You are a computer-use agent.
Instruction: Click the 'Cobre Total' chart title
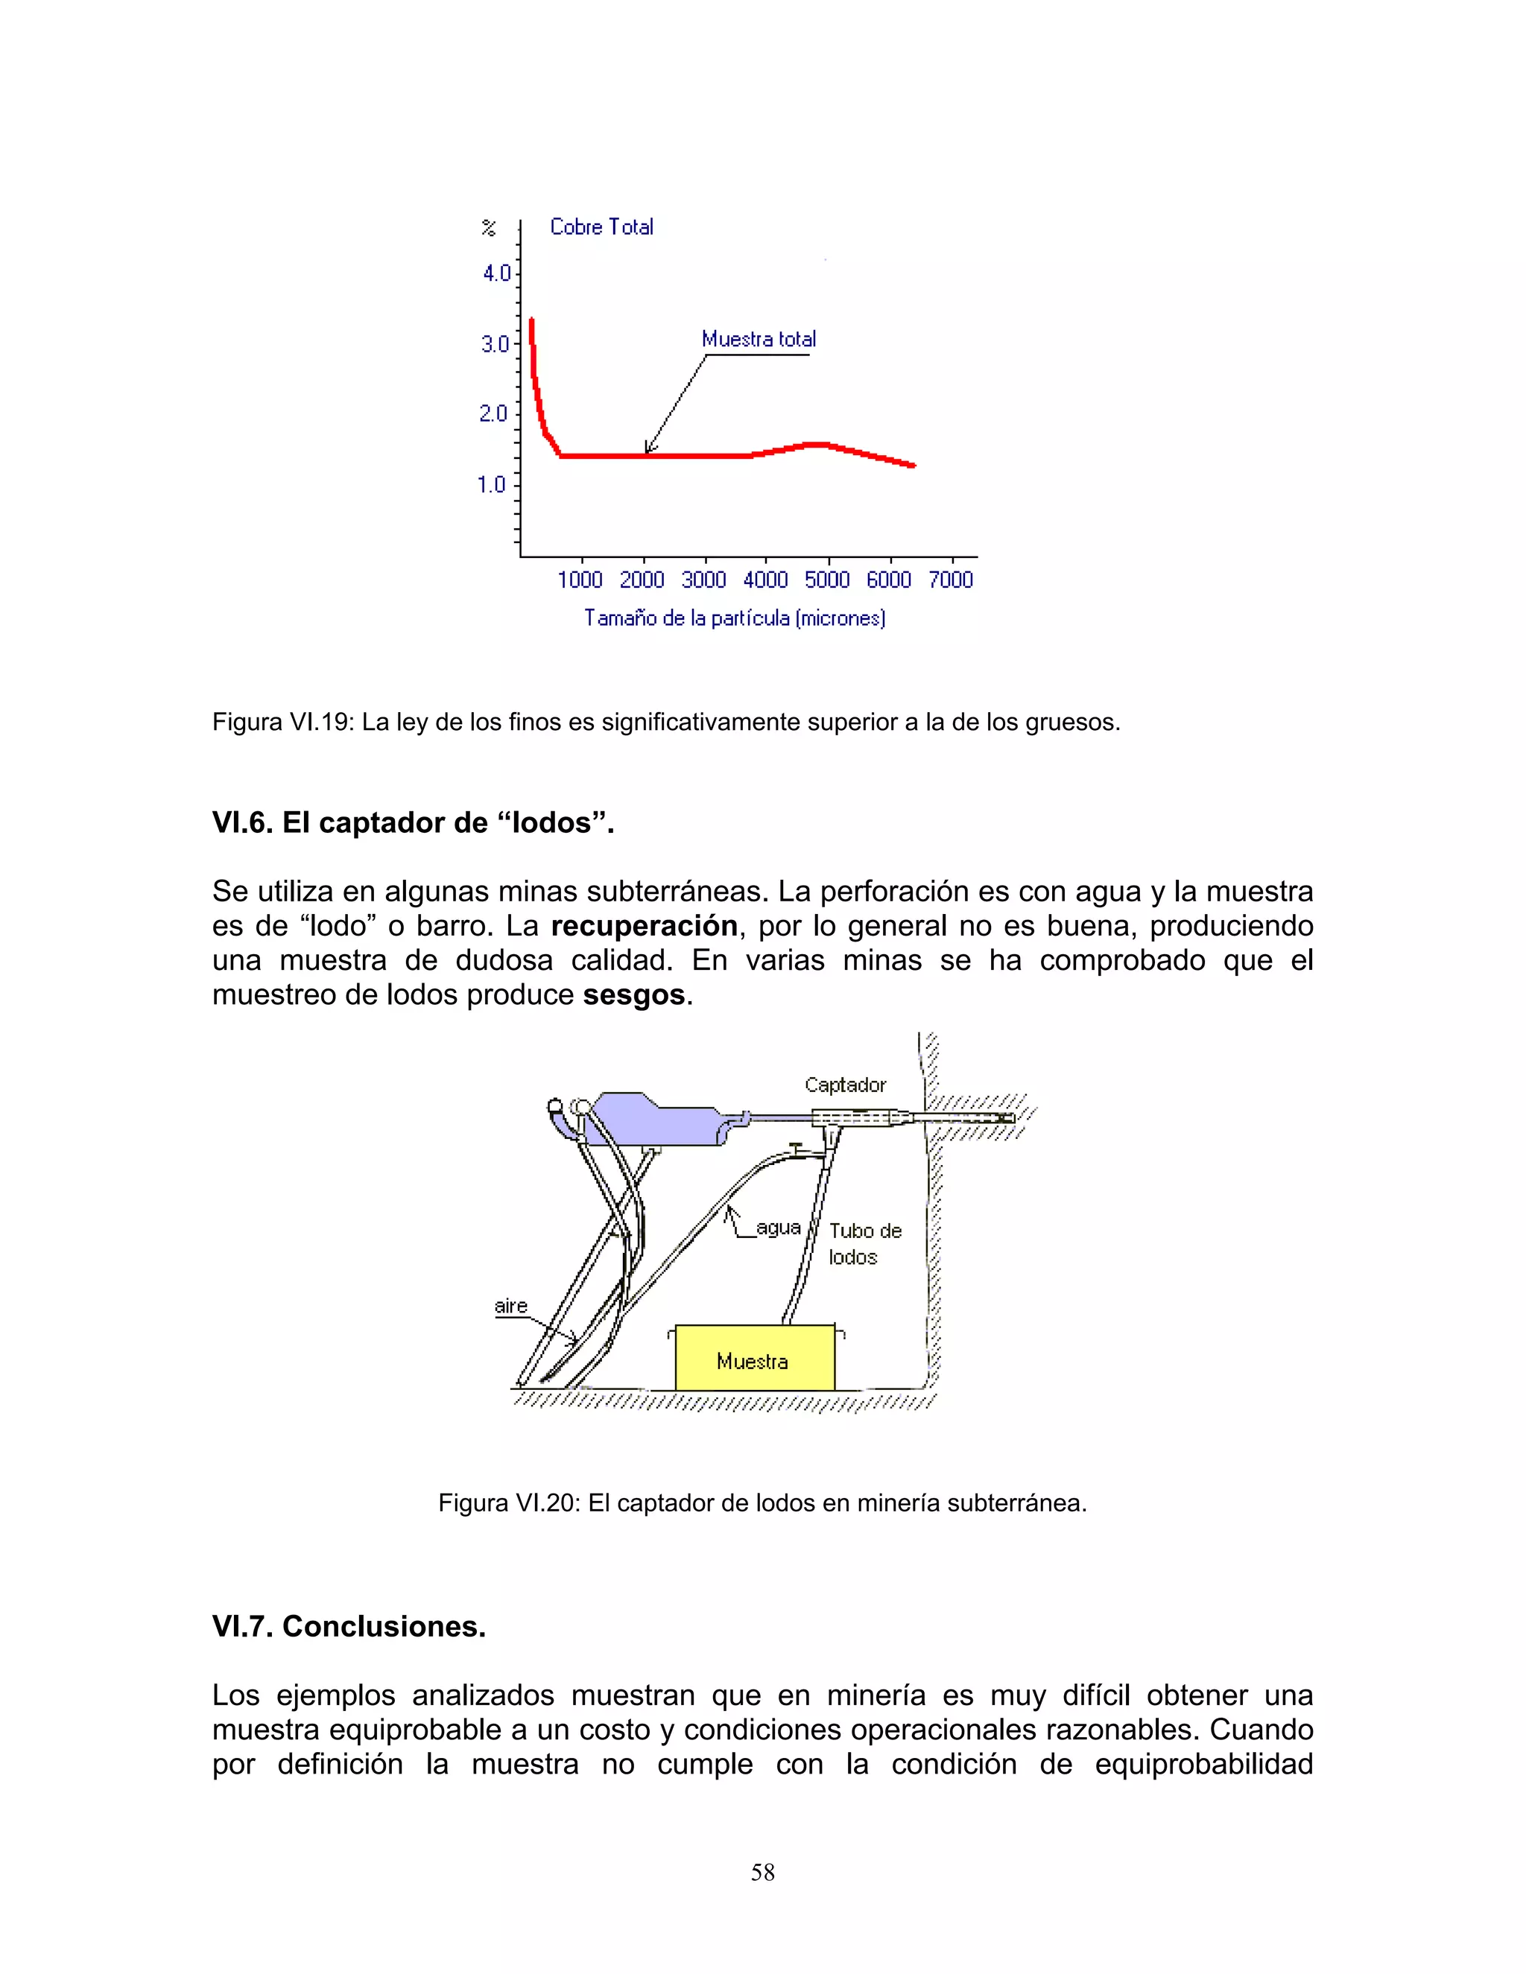coord(601,227)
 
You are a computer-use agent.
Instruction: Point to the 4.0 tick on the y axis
coord(496,273)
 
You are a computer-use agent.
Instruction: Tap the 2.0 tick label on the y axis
coord(493,414)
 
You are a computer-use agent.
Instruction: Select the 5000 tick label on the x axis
coord(827,580)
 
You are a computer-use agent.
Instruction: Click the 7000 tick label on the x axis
coord(950,580)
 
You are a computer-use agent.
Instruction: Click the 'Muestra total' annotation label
coord(759,340)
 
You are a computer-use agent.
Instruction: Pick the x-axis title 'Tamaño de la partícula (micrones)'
coord(734,618)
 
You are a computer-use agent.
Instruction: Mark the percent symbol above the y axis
coord(488,228)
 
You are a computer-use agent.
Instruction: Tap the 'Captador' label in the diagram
coord(845,1085)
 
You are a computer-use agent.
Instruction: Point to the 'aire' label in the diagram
coord(510,1305)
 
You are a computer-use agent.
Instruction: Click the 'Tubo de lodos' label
coord(864,1244)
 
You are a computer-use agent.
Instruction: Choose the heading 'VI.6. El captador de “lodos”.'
coord(413,822)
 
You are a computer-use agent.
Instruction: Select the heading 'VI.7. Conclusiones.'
coord(349,1626)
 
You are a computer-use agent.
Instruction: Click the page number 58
coord(762,1872)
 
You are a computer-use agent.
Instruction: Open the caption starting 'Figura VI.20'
coord(762,1503)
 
